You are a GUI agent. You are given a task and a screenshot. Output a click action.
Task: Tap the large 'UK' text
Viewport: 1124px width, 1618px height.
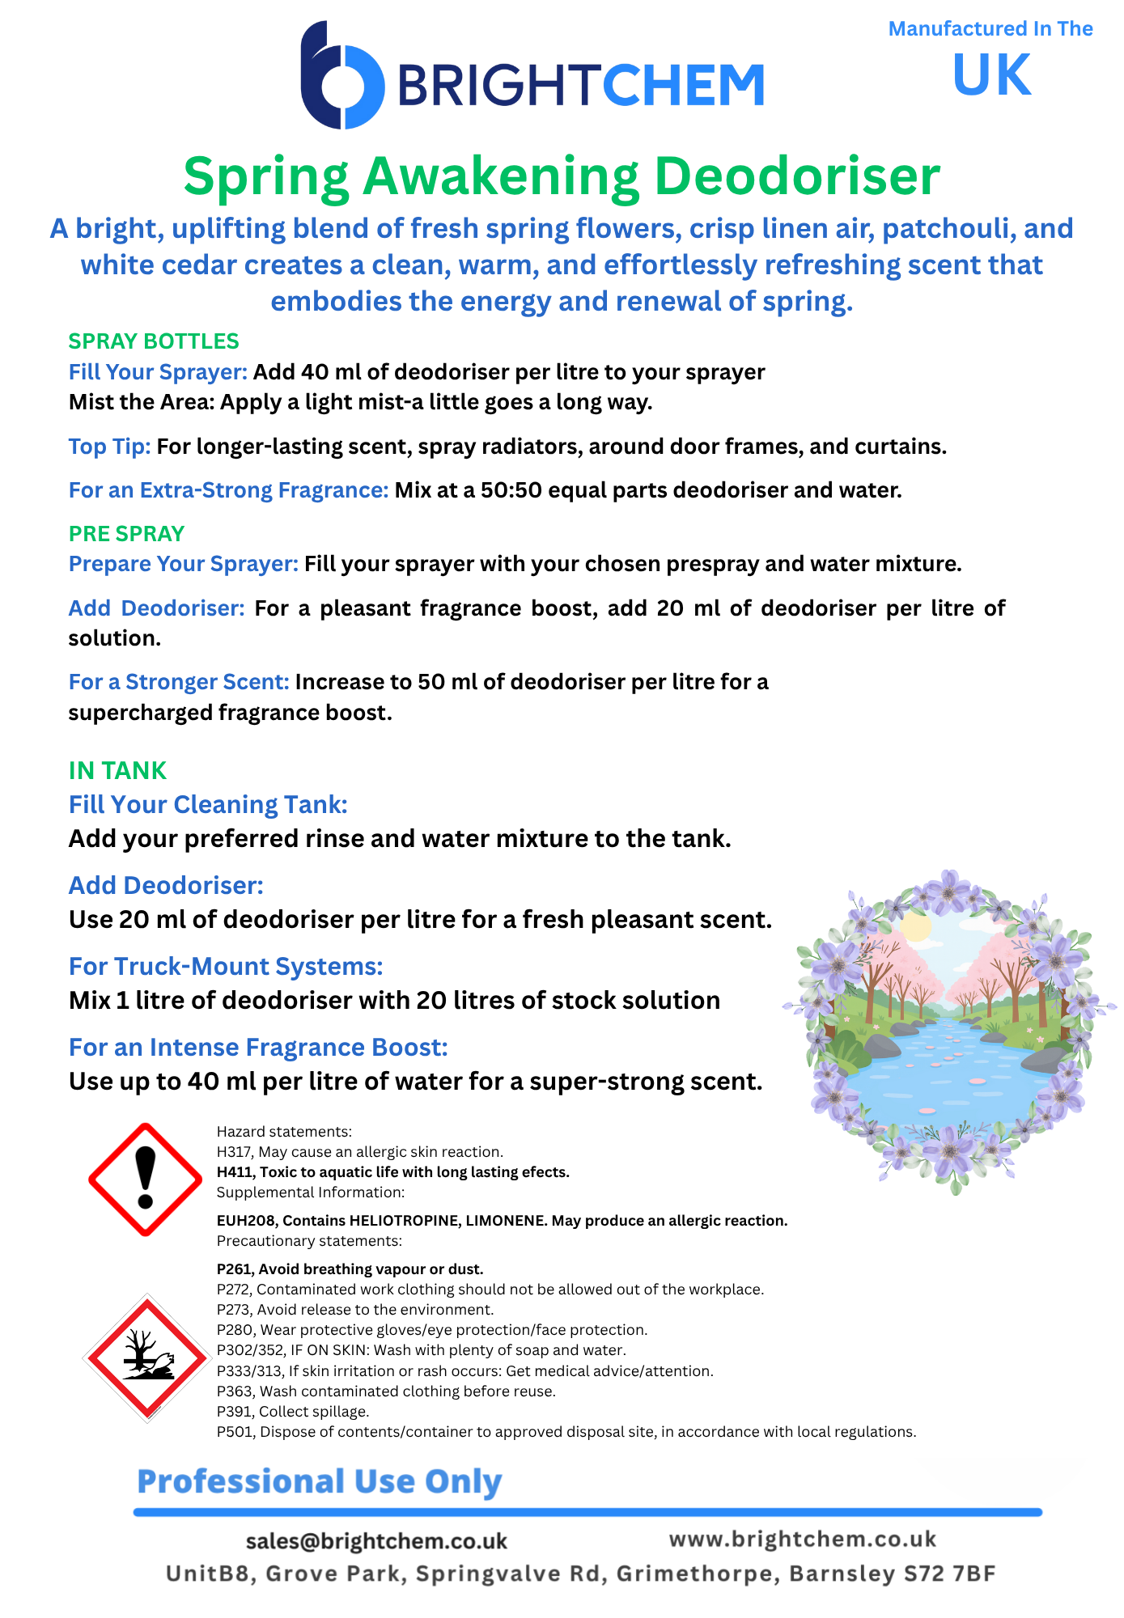(991, 75)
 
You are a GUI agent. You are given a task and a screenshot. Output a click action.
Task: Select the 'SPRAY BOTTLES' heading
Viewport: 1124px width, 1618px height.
(154, 341)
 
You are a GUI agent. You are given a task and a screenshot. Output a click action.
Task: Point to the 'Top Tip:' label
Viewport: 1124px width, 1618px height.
(109, 447)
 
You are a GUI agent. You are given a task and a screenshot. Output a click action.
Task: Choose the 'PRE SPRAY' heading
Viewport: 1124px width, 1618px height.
(127, 534)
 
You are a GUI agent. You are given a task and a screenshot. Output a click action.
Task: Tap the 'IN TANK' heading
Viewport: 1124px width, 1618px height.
(117, 770)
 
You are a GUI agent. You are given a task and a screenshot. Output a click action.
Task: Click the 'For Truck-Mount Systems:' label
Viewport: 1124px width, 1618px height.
(226, 966)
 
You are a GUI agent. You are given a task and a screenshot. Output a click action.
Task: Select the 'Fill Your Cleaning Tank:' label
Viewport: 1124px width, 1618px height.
(208, 804)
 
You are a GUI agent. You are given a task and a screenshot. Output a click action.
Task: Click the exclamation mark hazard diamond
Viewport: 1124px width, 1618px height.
(145, 1179)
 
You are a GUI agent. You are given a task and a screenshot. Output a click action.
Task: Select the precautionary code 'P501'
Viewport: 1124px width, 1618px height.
(234, 1432)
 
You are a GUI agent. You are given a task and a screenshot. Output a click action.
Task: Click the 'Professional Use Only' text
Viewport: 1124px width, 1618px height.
(320, 1481)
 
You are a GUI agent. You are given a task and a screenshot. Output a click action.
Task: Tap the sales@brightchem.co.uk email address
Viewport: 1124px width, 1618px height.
(376, 1541)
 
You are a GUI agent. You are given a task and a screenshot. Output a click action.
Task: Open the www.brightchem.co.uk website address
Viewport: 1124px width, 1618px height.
(803, 1539)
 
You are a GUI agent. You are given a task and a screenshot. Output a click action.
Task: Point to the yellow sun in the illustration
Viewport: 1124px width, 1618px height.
(916, 926)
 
